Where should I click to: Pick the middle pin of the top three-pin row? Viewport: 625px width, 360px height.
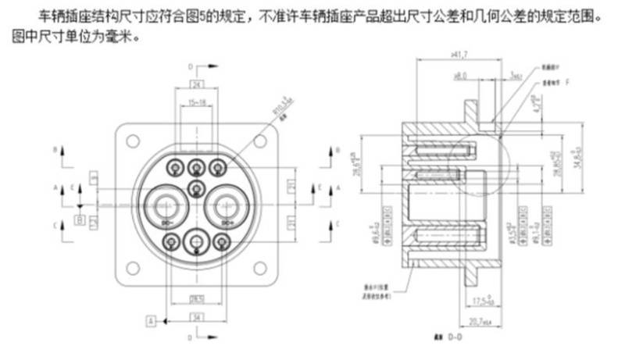[x=197, y=166]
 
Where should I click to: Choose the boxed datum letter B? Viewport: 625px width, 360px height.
[x=80, y=221]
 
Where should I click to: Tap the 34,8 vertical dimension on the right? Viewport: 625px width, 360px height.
[x=579, y=165]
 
